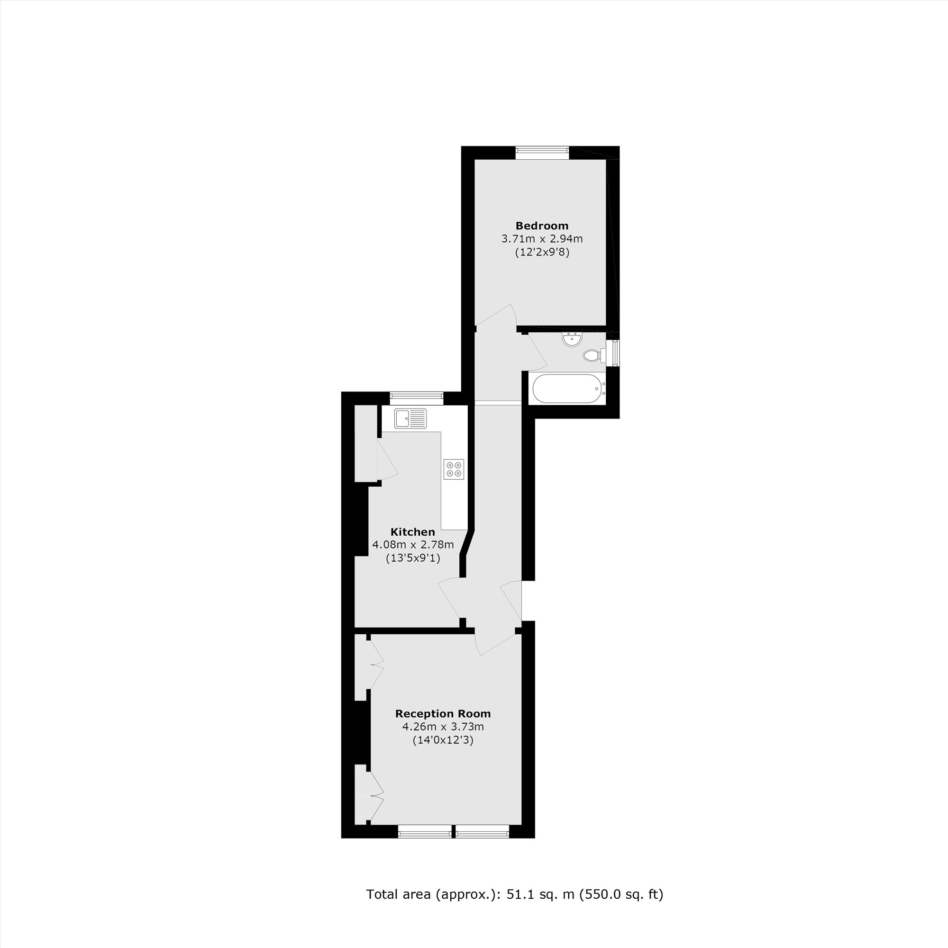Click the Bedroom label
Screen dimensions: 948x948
click(x=542, y=226)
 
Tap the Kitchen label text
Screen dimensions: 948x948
click(x=413, y=532)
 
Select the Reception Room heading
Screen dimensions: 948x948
click(x=443, y=713)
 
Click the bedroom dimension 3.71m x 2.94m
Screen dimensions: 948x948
click(x=542, y=239)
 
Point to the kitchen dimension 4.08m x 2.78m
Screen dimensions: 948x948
click(x=413, y=545)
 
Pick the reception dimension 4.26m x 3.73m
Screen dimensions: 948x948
click(x=443, y=727)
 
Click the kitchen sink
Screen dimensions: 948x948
click(x=410, y=419)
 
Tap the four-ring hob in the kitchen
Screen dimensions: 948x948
click(x=454, y=469)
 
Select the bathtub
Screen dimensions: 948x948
click(x=567, y=389)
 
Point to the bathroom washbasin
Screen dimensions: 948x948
click(x=572, y=339)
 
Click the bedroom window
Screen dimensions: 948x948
click(x=542, y=152)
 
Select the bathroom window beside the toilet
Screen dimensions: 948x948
click(x=613, y=352)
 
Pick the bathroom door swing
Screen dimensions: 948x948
click(x=537, y=353)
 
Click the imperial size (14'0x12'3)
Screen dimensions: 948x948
click(x=443, y=740)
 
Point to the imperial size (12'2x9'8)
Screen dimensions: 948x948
click(x=542, y=253)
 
